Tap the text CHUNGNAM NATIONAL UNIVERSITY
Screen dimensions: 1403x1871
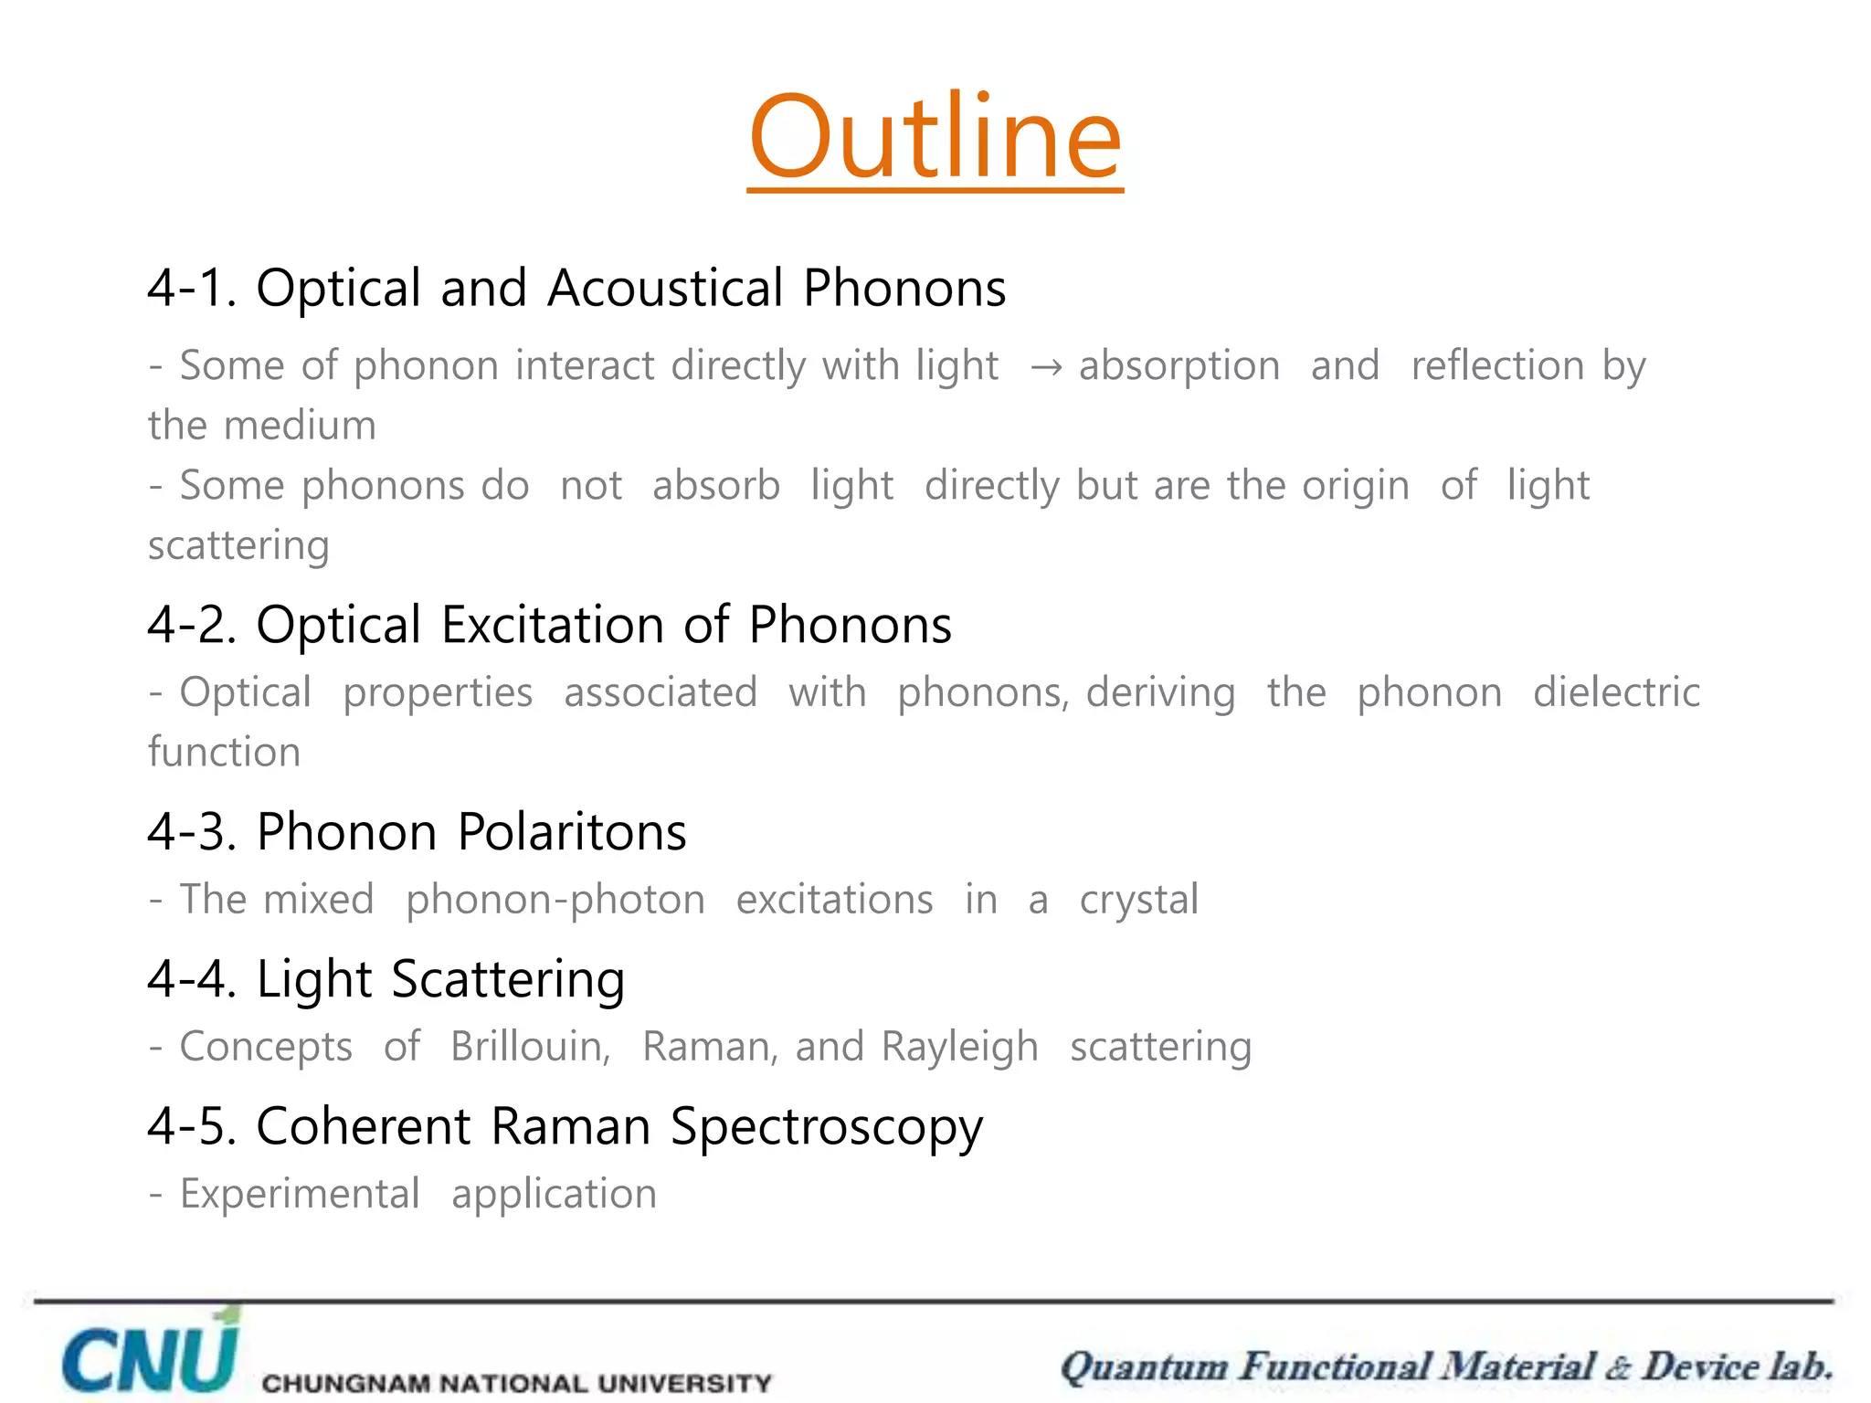coord(516,1382)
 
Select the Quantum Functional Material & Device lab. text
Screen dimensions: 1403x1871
coord(1446,1367)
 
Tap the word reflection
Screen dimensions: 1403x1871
coord(1497,365)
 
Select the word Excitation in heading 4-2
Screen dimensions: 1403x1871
coord(553,625)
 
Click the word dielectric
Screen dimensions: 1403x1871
coord(1616,692)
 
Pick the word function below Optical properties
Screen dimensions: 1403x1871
coord(225,753)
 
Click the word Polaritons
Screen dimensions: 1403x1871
coord(572,832)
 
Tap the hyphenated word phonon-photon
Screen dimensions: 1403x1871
coord(555,901)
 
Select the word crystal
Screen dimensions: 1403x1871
coord(1138,901)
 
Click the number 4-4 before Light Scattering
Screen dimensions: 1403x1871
coord(191,979)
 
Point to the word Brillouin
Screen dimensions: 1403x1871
coord(530,1047)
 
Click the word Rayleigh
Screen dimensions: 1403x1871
coord(959,1048)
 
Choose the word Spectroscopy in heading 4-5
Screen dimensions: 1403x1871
coord(827,1127)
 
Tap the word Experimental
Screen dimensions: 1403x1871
coord(300,1195)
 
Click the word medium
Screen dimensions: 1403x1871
coord(300,426)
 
